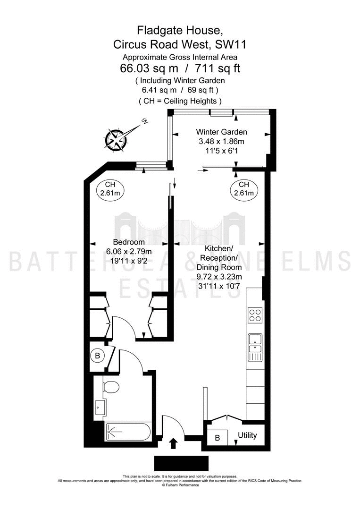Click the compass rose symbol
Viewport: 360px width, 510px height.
tap(116, 139)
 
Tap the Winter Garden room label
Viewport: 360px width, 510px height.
tap(221, 132)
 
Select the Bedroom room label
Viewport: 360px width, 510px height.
tap(129, 242)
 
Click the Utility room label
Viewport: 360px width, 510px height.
tap(247, 435)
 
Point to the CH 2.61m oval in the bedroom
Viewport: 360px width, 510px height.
tap(110, 188)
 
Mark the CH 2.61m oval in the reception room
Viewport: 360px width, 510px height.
tap(244, 188)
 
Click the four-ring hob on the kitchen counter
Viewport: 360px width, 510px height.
tap(255, 315)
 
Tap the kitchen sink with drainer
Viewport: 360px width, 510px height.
tap(255, 348)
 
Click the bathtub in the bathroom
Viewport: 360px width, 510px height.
tap(128, 432)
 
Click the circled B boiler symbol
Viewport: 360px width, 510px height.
tap(97, 356)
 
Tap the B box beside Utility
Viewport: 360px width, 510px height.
tap(217, 438)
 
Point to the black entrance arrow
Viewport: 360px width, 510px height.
tap(174, 442)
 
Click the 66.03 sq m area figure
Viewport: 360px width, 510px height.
tap(149, 68)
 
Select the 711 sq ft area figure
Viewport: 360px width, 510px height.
tap(218, 68)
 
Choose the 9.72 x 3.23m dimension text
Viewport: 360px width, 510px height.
tap(219, 277)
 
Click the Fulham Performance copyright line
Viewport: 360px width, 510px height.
tap(180, 485)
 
